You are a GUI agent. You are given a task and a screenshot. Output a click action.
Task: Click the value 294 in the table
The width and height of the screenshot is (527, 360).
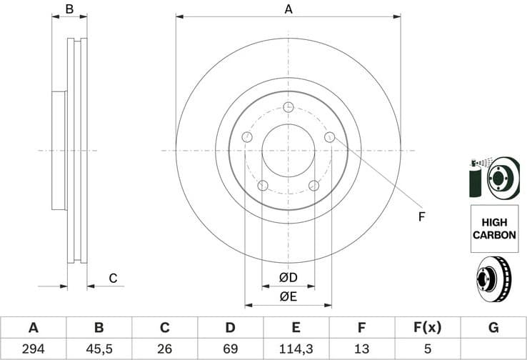33,349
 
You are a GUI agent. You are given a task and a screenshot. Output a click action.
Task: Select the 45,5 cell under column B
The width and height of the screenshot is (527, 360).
99,349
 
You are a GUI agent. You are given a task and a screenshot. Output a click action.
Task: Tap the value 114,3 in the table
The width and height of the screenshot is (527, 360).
296,349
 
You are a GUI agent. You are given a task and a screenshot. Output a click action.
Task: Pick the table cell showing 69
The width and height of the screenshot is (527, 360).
230,349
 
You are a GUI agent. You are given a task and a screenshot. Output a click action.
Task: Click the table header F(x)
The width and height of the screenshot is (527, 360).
428,328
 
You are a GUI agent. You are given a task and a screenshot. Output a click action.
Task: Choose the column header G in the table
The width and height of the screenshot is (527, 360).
493,328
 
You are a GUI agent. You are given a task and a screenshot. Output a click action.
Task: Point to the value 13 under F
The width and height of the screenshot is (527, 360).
361,349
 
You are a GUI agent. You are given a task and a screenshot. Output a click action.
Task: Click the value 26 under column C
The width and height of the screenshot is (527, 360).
164,349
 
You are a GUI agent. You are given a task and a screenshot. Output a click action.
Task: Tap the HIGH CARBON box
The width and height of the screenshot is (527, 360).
493,228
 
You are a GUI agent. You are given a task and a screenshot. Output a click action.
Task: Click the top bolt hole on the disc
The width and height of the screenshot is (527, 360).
288,108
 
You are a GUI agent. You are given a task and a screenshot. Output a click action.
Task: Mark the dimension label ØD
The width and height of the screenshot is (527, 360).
288,277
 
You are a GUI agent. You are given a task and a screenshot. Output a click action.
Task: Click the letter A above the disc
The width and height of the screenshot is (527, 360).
288,9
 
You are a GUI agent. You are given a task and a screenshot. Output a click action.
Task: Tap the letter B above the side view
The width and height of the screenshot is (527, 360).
69,9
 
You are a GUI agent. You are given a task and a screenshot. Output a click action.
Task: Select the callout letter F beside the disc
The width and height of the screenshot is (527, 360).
421,216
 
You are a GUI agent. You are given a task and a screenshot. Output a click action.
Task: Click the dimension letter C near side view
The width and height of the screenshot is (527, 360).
112,278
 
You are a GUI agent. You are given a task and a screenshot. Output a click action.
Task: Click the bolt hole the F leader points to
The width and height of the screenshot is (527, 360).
329,137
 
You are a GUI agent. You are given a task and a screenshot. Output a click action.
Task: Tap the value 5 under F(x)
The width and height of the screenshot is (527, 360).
428,349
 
